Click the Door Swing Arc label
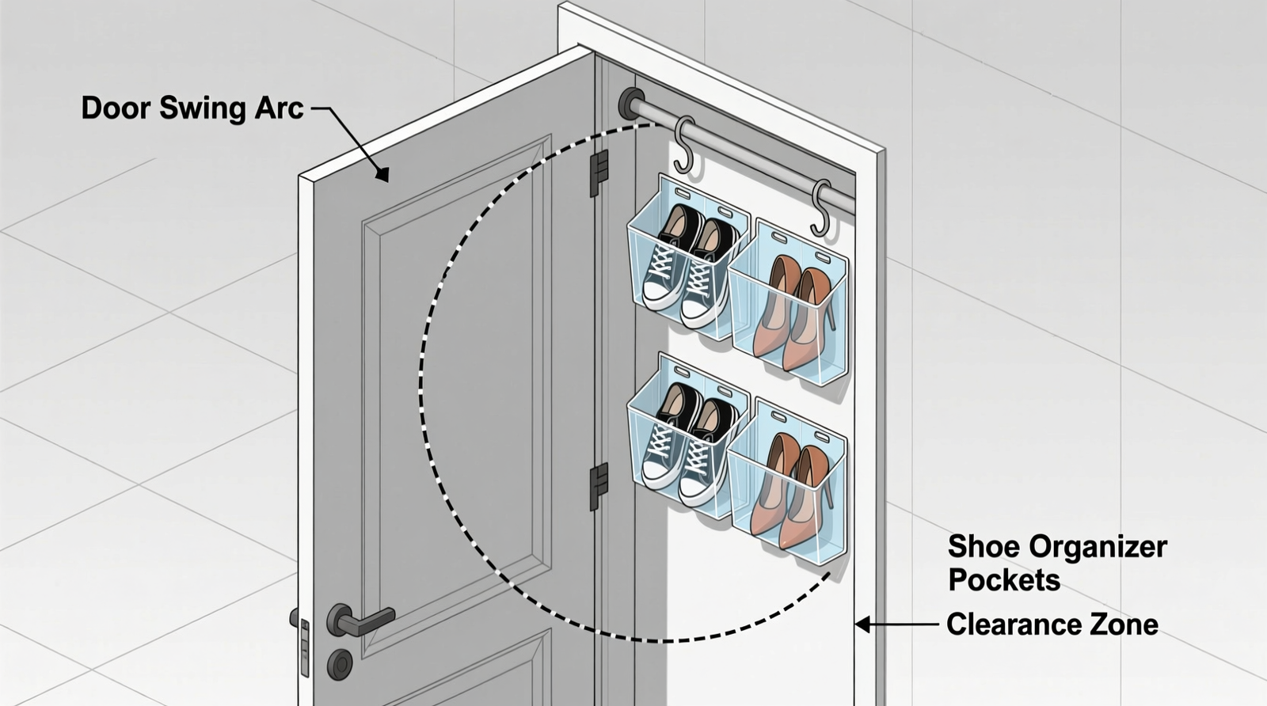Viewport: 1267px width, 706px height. (192, 108)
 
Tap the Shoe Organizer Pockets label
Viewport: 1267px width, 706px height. (1056, 563)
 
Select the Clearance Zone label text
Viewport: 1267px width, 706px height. (1052, 624)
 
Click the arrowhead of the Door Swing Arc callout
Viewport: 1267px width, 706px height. (383, 174)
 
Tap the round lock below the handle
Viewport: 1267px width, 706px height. (341, 663)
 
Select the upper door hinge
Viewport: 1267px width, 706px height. (599, 172)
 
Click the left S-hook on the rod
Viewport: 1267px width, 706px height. (684, 146)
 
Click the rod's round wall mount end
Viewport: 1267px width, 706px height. (632, 104)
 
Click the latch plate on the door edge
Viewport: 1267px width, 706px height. (305, 647)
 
